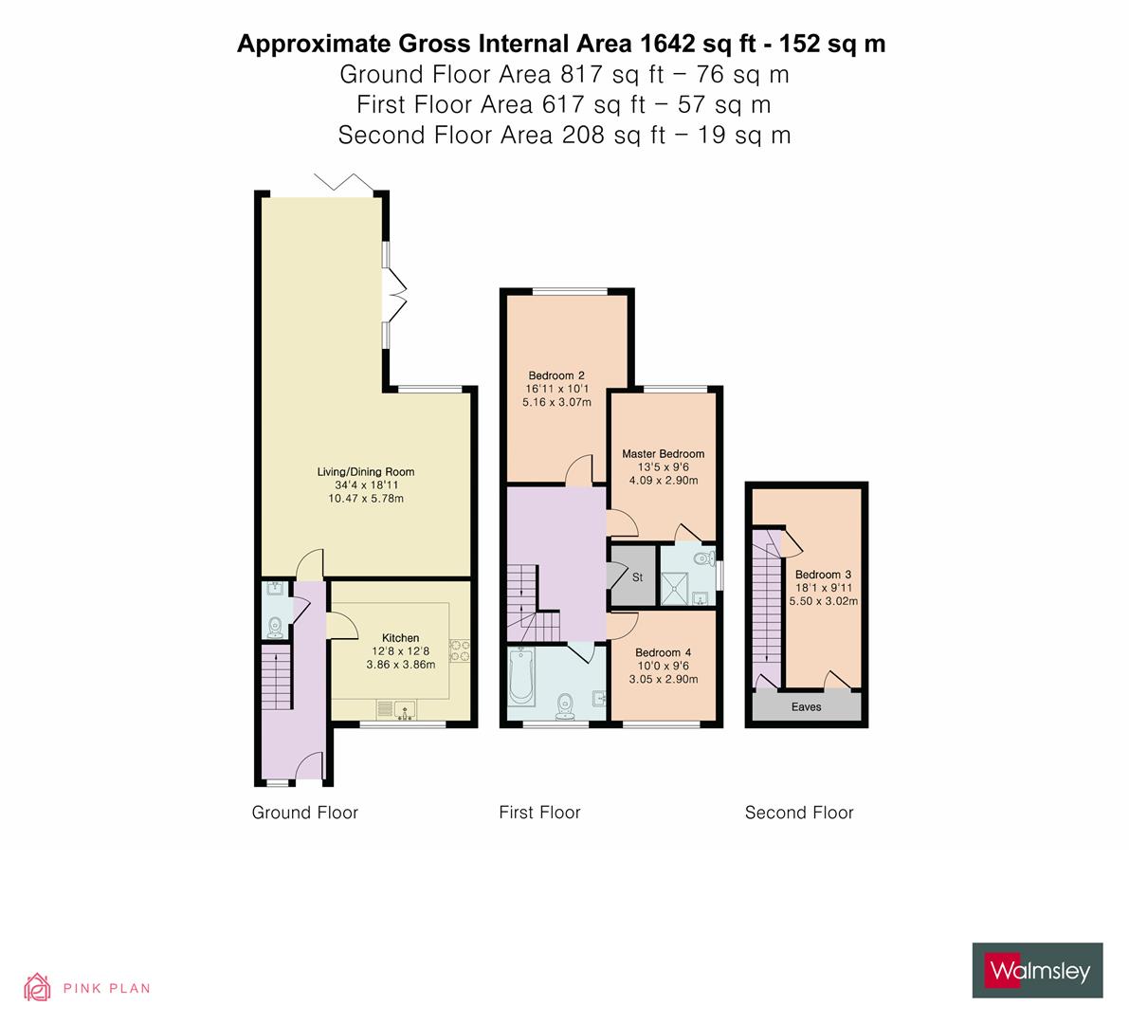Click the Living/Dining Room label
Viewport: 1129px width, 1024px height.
pyautogui.click(x=365, y=471)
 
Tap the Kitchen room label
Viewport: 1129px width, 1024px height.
pyautogui.click(x=400, y=638)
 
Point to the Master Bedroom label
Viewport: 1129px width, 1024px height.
pyautogui.click(x=663, y=454)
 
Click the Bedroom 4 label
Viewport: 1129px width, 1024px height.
pyautogui.click(x=663, y=652)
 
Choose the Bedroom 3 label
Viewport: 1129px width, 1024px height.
pyautogui.click(x=823, y=575)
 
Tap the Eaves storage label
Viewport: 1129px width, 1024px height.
pyautogui.click(x=807, y=707)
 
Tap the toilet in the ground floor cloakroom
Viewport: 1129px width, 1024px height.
pyautogui.click(x=275, y=626)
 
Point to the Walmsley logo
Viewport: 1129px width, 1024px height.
pyautogui.click(x=1037, y=970)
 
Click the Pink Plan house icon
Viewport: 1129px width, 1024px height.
pyautogui.click(x=38, y=987)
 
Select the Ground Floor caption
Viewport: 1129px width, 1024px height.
pyautogui.click(x=304, y=813)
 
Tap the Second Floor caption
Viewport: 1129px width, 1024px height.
pyautogui.click(x=799, y=813)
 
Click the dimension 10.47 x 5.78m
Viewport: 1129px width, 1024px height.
pyautogui.click(x=365, y=499)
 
